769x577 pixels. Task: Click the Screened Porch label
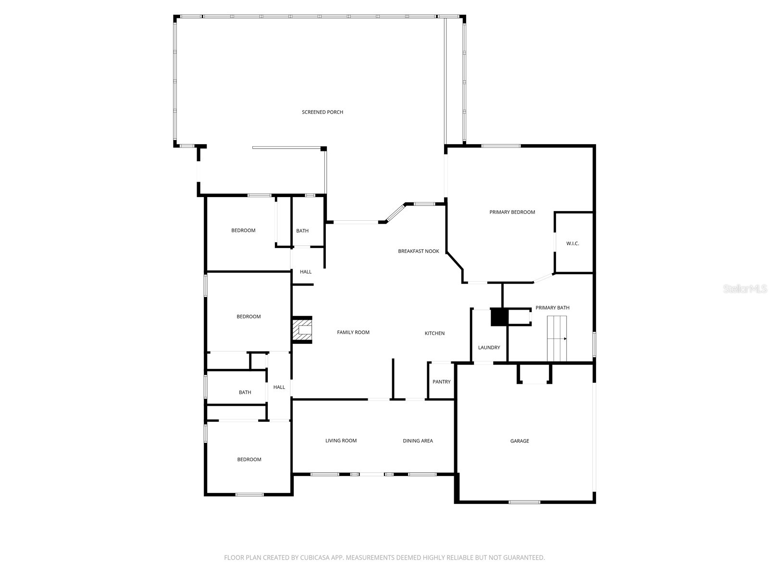322,112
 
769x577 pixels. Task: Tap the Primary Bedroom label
512,212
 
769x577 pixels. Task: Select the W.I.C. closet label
572,243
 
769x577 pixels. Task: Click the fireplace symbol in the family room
303,330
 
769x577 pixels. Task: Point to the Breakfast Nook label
418,251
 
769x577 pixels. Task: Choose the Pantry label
441,382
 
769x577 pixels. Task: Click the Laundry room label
489,348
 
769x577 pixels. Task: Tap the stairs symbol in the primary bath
557,339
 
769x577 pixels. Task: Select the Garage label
520,441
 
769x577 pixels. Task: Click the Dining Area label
418,441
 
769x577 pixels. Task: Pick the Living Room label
341,441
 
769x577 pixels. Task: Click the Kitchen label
434,333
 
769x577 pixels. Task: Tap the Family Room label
353,332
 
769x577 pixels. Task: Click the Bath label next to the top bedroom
302,231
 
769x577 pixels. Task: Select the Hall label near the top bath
306,272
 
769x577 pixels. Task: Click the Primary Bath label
552,308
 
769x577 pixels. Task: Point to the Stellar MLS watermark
744,288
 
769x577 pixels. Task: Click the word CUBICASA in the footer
318,558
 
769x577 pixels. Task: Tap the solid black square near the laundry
499,317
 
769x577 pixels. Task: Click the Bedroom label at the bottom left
249,460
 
